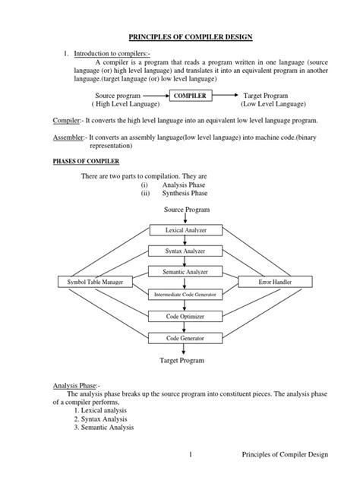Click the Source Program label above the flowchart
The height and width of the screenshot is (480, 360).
(x=185, y=209)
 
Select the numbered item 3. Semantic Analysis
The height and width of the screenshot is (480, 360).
(x=108, y=427)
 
